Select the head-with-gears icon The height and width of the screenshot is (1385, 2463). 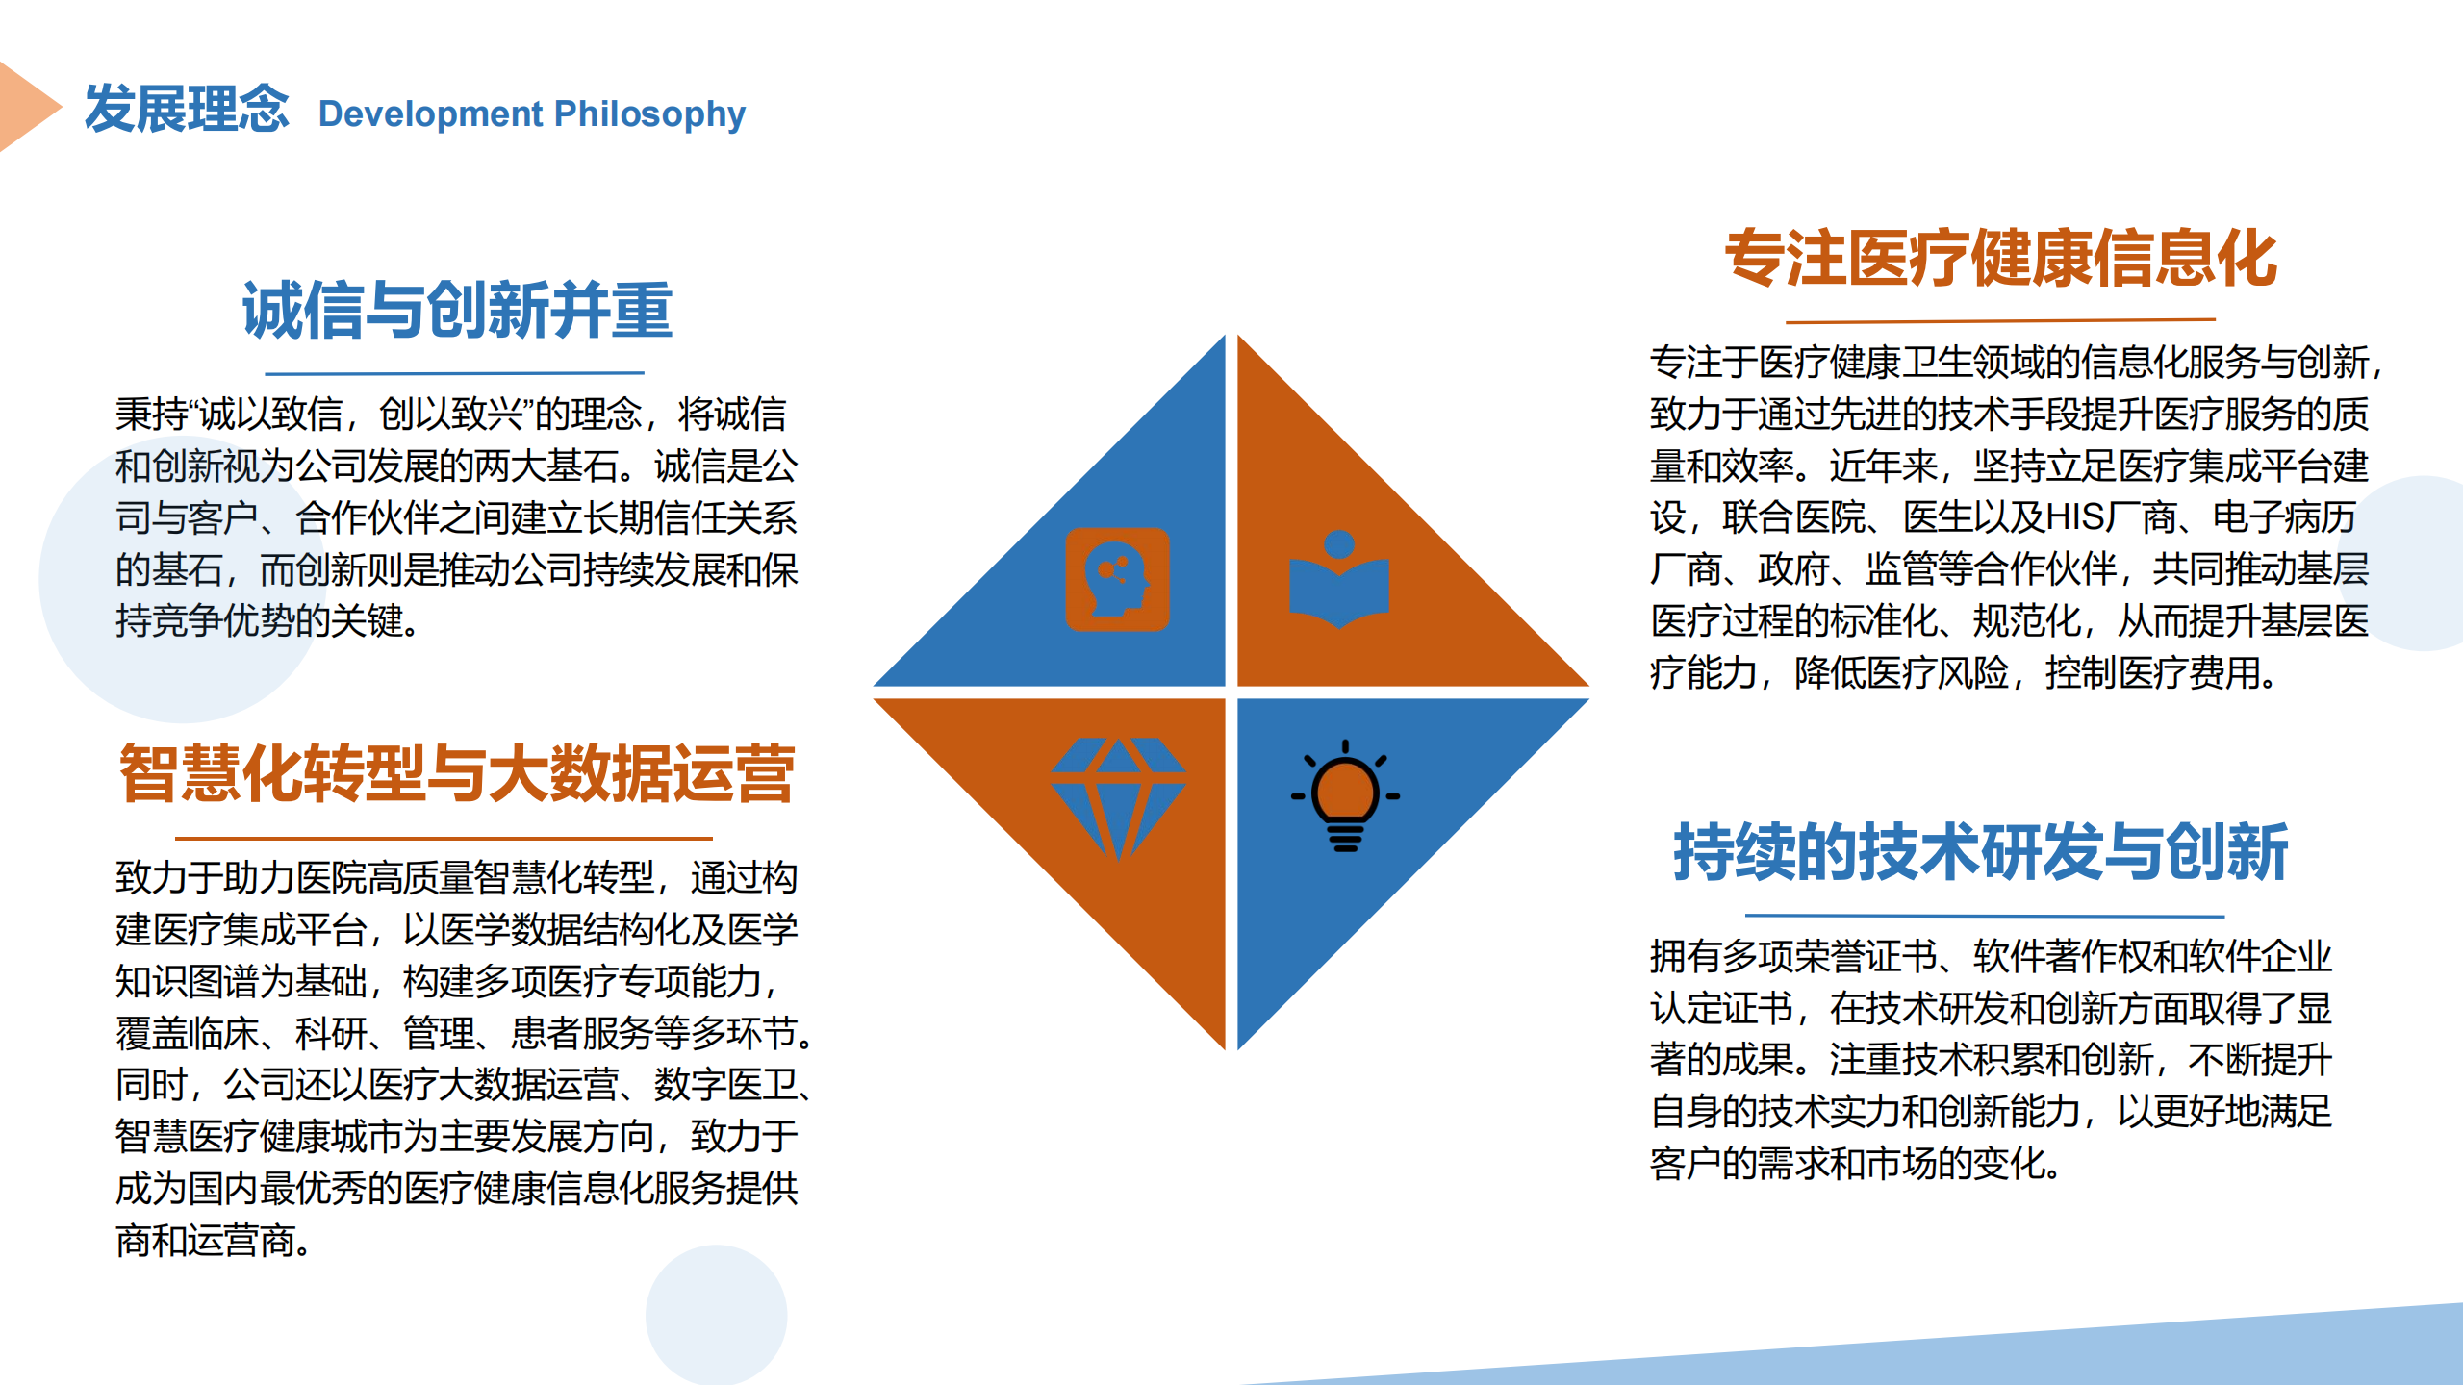[x=1117, y=579]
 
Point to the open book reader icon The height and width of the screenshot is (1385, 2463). [x=1339, y=579]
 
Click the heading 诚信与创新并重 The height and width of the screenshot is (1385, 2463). [x=457, y=311]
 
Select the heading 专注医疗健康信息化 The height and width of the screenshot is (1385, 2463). [x=2001, y=259]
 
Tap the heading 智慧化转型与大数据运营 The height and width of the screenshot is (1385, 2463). [x=457, y=773]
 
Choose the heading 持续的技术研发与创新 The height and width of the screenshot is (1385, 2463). [x=1981, y=852]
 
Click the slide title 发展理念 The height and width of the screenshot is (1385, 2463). [x=187, y=108]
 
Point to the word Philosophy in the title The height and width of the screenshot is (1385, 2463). [x=649, y=114]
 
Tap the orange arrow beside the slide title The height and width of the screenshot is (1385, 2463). [x=27, y=107]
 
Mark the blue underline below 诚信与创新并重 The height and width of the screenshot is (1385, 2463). [x=454, y=373]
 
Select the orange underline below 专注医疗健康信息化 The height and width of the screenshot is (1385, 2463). [x=2001, y=320]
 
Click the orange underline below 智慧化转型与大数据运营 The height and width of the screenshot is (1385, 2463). [x=444, y=839]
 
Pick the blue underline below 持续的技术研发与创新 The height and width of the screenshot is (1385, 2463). [x=1985, y=916]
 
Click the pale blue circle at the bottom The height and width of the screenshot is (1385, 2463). [x=716, y=1315]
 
